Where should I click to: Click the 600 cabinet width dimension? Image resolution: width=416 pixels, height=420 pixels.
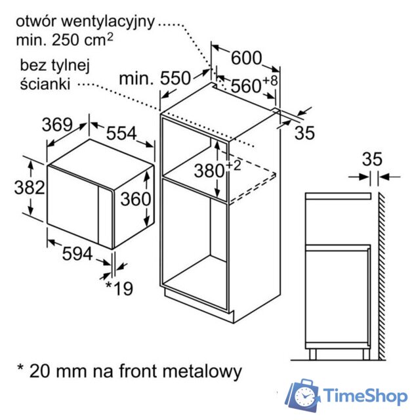(x=246, y=58)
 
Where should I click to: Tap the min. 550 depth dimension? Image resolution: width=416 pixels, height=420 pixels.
(x=155, y=79)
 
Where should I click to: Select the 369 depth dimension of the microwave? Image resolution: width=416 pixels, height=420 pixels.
(x=57, y=125)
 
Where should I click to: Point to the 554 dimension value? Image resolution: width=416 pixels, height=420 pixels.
(x=121, y=133)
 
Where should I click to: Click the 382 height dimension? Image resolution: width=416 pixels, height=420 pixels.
(x=30, y=187)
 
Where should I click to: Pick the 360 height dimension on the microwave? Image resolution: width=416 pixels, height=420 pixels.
(x=136, y=199)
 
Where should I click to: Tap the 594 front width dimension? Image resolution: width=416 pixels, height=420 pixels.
(x=77, y=253)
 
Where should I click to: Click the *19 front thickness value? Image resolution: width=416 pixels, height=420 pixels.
(x=119, y=287)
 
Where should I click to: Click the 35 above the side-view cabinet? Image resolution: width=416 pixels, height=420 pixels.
(x=372, y=159)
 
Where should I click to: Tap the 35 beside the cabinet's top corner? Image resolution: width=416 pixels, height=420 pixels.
(x=304, y=133)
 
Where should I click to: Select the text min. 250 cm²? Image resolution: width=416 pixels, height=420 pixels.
(x=64, y=39)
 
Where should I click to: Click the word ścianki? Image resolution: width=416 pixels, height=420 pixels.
(x=45, y=83)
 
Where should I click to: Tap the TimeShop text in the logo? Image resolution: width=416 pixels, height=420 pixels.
(x=366, y=396)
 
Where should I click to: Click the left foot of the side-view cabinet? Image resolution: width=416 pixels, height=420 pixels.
(x=312, y=354)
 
